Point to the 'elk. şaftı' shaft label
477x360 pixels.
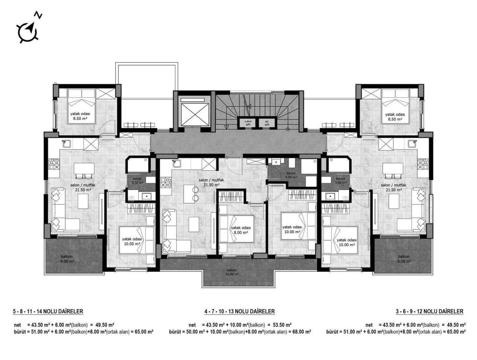[x=267, y=123]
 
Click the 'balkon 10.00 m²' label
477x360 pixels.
[x=232, y=272]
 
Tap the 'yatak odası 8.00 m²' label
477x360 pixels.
[x=241, y=230]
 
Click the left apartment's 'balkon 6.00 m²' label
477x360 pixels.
[x=68, y=259]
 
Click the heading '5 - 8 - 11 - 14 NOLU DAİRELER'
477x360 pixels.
[x=48, y=311]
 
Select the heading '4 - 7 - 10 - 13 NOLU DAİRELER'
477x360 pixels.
[x=239, y=311]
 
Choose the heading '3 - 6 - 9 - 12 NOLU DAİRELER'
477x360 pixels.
[x=429, y=311]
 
